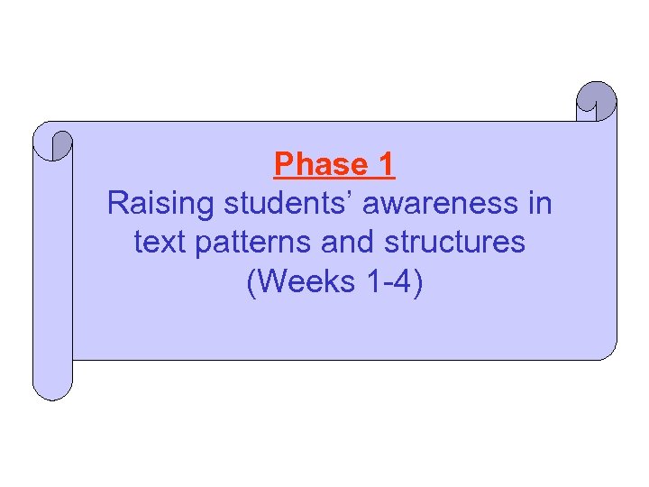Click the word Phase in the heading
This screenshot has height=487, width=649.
315,165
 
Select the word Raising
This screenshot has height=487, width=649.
160,204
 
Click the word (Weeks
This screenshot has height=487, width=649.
301,282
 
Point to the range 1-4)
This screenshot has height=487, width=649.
394,282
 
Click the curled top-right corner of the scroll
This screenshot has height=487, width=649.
597,101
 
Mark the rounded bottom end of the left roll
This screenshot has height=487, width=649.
52,388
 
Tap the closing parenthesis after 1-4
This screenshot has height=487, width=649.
417,282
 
